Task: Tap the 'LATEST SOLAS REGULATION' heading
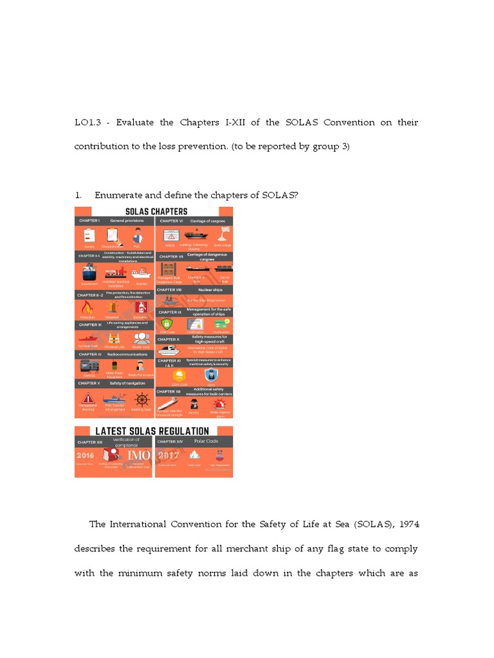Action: click(x=153, y=431)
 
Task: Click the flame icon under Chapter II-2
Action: click(x=87, y=308)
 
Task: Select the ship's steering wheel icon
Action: click(x=142, y=399)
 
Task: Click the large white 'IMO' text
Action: click(x=139, y=456)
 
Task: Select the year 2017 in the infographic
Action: click(x=169, y=456)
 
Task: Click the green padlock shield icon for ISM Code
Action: click(x=167, y=324)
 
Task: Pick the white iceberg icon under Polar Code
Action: click(x=194, y=456)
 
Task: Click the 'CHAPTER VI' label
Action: click(x=170, y=221)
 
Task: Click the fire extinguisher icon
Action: click(x=140, y=308)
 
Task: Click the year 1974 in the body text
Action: click(x=406, y=524)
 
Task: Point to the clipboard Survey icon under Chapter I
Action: click(x=89, y=236)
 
